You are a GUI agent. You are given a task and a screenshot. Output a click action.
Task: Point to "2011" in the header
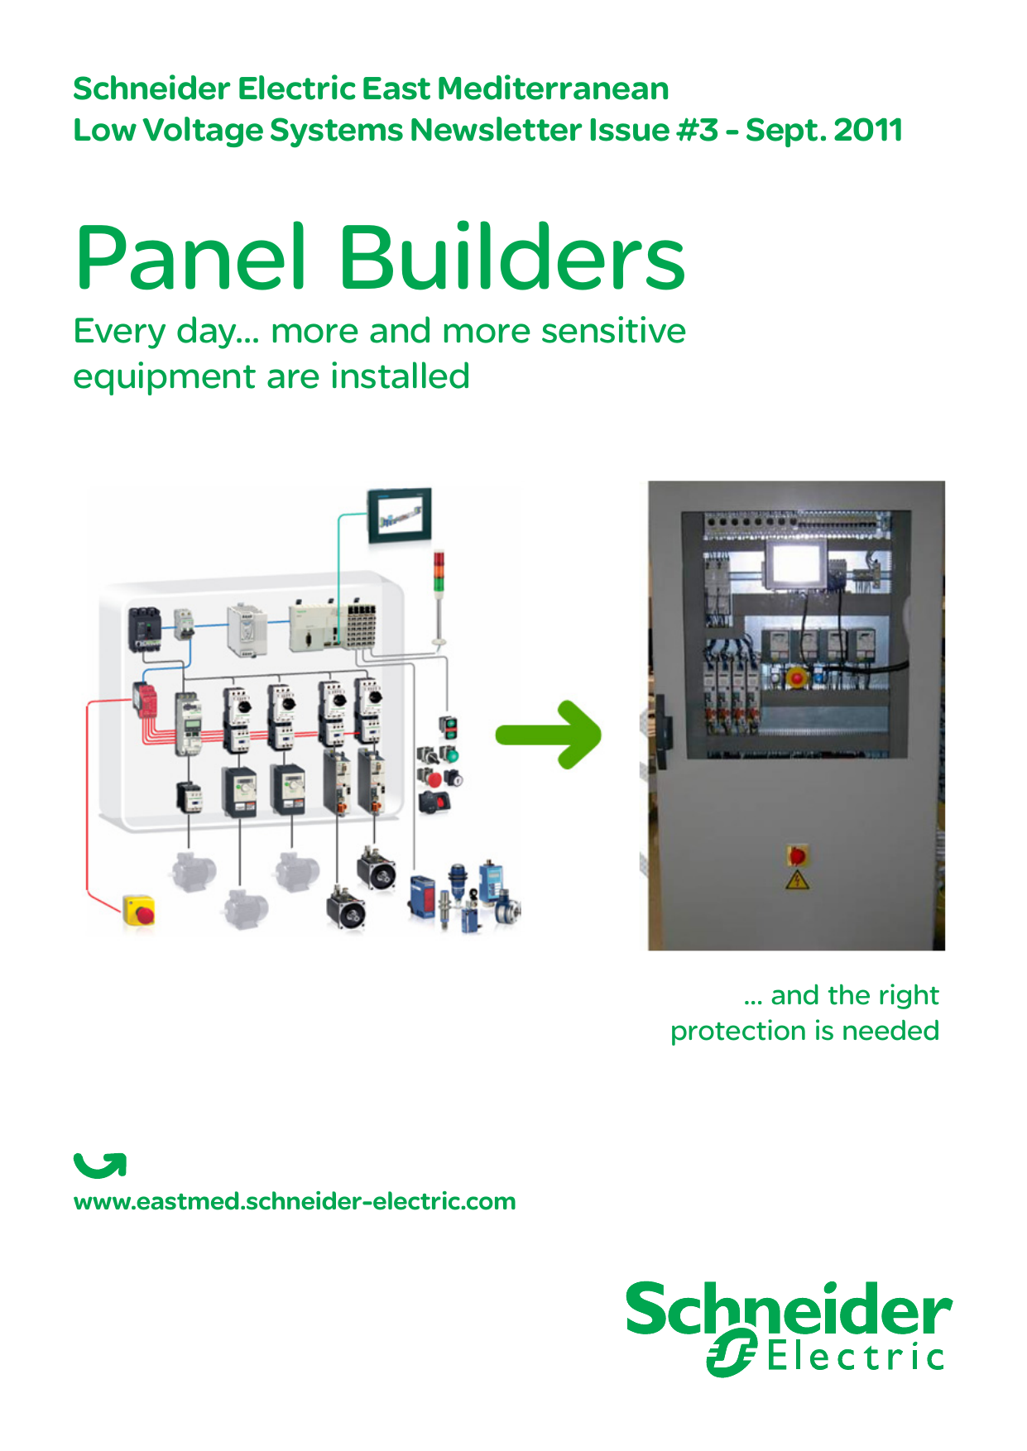coord(868,130)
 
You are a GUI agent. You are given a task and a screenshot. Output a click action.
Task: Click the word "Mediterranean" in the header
coord(553,89)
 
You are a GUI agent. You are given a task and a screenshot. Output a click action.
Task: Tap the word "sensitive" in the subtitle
coord(613,331)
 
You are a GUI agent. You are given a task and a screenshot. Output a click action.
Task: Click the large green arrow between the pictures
coord(549,735)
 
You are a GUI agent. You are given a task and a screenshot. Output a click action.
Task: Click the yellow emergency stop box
coord(139,910)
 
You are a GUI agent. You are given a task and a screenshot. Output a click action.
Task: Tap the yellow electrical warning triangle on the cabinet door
coord(797,879)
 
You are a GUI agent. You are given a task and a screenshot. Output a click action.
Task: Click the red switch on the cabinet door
coord(797,855)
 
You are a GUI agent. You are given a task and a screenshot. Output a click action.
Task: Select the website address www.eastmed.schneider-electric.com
coord(295,1201)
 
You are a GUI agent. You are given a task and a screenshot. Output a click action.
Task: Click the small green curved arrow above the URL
coord(100,1165)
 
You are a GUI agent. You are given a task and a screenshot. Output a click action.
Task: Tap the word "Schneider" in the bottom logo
coord(789,1309)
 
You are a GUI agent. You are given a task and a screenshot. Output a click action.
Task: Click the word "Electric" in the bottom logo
coord(855,1358)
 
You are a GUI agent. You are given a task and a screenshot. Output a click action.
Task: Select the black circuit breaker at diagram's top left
coord(144,630)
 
